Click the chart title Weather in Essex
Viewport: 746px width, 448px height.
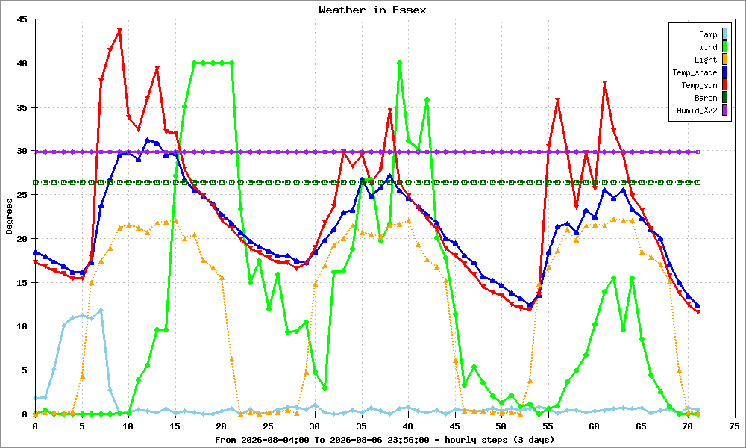pyautogui.click(x=372, y=10)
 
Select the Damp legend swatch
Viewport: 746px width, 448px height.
pyautogui.click(x=724, y=34)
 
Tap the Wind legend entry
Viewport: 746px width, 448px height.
pyautogui.click(x=712, y=46)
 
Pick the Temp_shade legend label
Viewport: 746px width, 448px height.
pyautogui.click(x=695, y=72)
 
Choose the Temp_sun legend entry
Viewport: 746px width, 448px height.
pyautogui.click(x=704, y=84)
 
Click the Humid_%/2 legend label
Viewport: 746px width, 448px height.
pyautogui.click(x=697, y=111)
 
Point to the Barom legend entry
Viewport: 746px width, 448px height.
pyautogui.click(x=711, y=98)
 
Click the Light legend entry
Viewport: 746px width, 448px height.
pyautogui.click(x=711, y=60)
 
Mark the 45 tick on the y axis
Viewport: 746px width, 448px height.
pyautogui.click(x=22, y=19)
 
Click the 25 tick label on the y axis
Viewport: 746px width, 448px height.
pyautogui.click(x=22, y=195)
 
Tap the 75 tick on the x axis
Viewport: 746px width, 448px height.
pyautogui.click(x=735, y=426)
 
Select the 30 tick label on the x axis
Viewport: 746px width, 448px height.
pyautogui.click(x=315, y=426)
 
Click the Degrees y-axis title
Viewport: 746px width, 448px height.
pyautogui.click(x=10, y=217)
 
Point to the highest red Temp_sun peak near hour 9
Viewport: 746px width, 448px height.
pyautogui.click(x=119, y=31)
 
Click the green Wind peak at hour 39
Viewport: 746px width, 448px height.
pyautogui.click(x=399, y=63)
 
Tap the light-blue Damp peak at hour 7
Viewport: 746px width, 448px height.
pyautogui.click(x=101, y=311)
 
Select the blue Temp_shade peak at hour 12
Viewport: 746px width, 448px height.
pyautogui.click(x=148, y=140)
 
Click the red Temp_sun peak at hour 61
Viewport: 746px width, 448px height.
pyautogui.click(x=605, y=84)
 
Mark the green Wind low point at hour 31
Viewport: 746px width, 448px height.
pyautogui.click(x=325, y=388)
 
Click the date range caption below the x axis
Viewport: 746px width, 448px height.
pyautogui.click(x=384, y=440)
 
